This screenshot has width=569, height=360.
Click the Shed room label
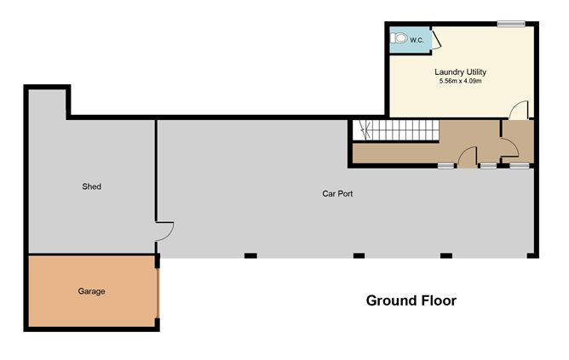click(x=91, y=186)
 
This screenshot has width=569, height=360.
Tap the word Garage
click(x=91, y=291)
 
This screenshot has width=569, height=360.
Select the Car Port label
click(x=337, y=193)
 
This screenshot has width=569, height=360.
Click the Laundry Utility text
click(x=460, y=72)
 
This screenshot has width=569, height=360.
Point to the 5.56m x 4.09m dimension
click(x=460, y=81)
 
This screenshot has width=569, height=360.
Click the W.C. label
click(x=417, y=40)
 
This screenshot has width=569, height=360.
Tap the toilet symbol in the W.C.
click(x=399, y=38)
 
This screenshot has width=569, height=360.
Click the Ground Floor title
click(x=411, y=300)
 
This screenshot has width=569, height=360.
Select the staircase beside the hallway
click(x=396, y=130)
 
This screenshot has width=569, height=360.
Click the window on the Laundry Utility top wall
click(x=511, y=24)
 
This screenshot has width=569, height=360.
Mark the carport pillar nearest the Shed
click(x=250, y=256)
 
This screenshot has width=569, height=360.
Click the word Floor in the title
click(x=439, y=300)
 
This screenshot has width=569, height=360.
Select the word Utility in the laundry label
click(x=474, y=72)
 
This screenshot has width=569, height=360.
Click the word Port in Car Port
click(x=345, y=193)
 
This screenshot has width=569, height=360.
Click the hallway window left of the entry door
click(x=446, y=166)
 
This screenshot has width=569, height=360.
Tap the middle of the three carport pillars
click(x=359, y=256)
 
